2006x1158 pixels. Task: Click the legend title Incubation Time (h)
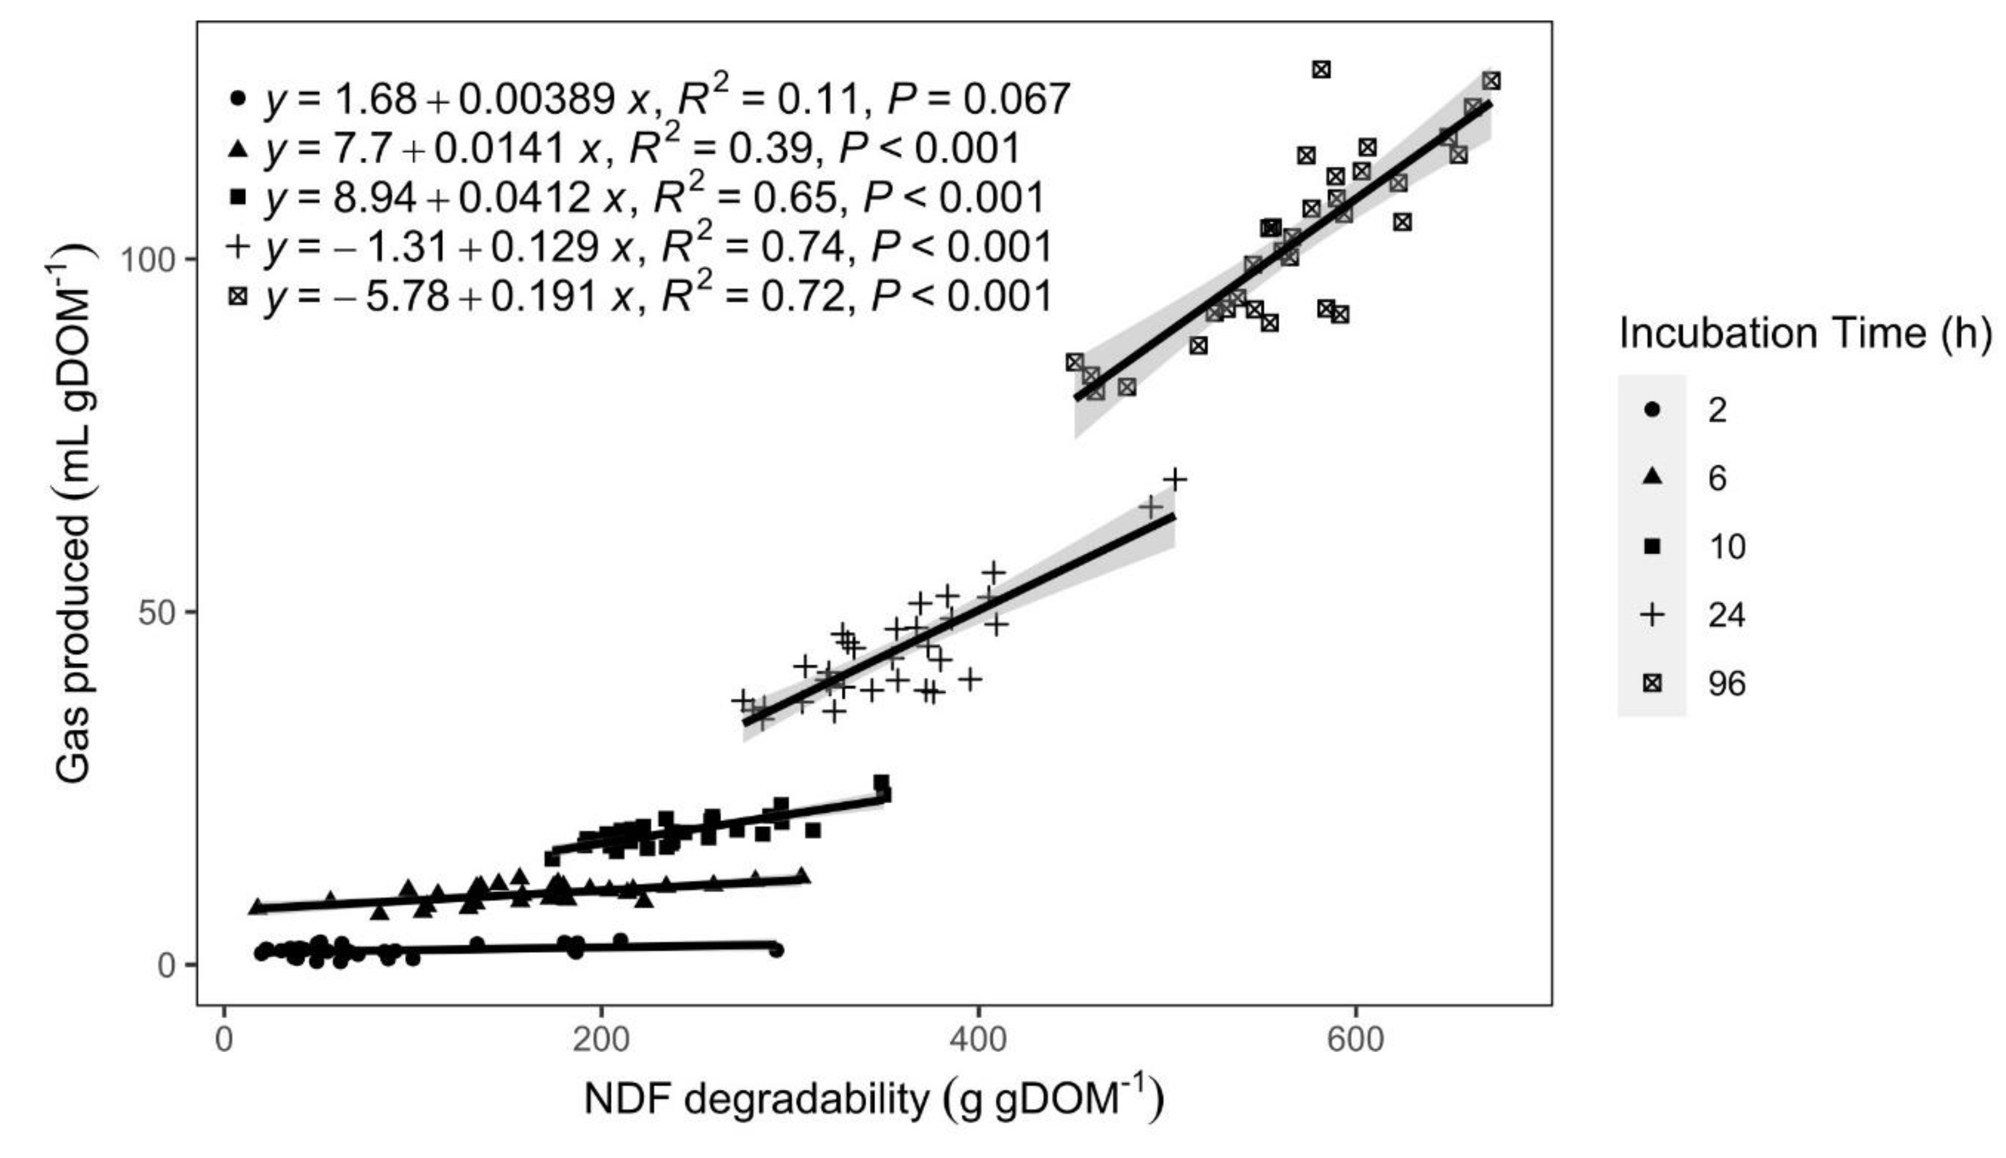[1805, 334]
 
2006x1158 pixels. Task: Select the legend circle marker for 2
[1652, 411]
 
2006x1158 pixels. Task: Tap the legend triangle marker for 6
[1652, 477]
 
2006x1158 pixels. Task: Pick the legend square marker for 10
[1652, 546]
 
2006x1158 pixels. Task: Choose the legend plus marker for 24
[1652, 615]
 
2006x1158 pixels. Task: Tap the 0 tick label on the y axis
[166, 965]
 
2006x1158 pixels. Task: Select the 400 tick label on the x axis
[977, 1040]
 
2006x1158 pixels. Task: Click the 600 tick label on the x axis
[1354, 1040]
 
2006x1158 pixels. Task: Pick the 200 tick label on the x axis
[601, 1040]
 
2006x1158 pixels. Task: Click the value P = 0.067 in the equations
[978, 99]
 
